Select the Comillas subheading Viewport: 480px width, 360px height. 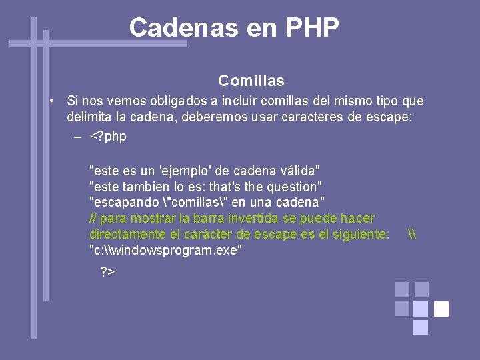251,81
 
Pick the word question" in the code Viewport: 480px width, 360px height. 296,187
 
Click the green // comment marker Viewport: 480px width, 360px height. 93,218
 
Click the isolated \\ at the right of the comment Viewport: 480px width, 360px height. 411,234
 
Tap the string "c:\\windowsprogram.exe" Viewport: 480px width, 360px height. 165,250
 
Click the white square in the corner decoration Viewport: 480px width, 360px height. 441,309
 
